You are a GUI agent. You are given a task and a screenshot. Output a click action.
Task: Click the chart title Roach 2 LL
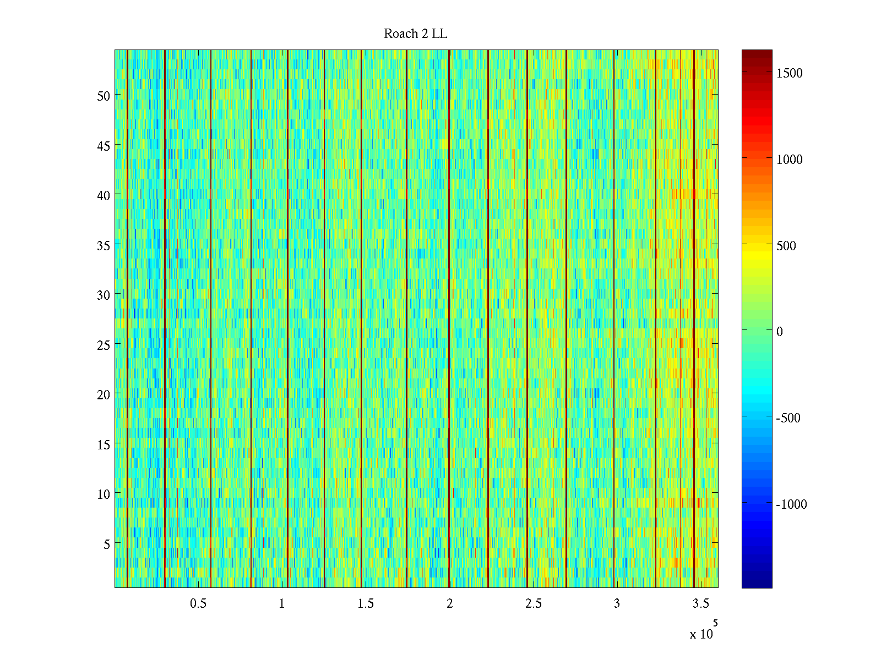tap(415, 34)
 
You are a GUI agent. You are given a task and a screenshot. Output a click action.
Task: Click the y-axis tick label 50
tap(104, 96)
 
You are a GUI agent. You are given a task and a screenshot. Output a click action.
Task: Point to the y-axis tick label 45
tap(104, 146)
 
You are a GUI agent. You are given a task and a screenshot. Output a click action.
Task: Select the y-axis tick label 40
tap(104, 195)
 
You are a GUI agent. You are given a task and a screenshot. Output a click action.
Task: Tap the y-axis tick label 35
tap(104, 245)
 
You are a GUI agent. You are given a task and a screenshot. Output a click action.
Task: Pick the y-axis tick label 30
tap(104, 295)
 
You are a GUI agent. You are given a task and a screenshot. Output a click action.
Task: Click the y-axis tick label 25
tap(104, 345)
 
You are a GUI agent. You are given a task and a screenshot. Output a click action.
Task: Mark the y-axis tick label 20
tap(104, 394)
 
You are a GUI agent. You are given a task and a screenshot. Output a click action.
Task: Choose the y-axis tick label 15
tap(104, 444)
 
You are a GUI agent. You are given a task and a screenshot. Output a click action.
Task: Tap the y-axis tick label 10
tap(104, 494)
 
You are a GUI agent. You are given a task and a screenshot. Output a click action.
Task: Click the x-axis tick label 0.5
tap(198, 604)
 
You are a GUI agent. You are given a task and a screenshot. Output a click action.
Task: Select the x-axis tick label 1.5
tap(366, 604)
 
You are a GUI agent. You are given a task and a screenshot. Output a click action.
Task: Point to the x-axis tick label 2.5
tap(533, 604)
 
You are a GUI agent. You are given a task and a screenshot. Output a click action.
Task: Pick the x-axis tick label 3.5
tap(700, 604)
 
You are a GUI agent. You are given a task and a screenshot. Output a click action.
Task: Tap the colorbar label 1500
tap(790, 73)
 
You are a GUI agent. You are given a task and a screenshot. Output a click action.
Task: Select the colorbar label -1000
tap(791, 504)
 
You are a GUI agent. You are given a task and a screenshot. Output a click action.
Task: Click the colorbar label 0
tap(779, 332)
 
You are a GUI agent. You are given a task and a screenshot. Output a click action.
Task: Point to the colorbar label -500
tap(788, 418)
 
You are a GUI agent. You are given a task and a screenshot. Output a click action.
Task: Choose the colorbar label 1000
tap(790, 159)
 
